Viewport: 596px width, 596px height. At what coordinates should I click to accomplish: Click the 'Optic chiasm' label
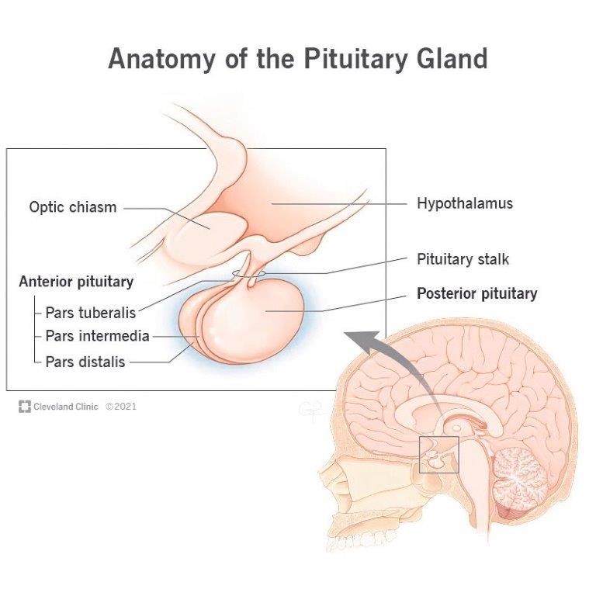pyautogui.click(x=73, y=207)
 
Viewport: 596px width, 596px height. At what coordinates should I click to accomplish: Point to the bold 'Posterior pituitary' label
pyautogui.click(x=476, y=294)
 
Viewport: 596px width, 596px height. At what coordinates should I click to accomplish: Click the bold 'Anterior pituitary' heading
pyautogui.click(x=76, y=282)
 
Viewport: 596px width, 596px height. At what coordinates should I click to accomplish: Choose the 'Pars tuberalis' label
pyautogui.click(x=90, y=313)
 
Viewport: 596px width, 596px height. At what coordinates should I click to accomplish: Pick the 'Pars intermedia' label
pyautogui.click(x=97, y=336)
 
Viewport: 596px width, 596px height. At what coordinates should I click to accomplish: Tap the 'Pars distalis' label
pyautogui.click(x=85, y=361)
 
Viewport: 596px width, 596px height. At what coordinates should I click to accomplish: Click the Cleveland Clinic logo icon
pyautogui.click(x=25, y=406)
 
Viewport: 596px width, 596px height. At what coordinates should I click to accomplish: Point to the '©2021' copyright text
pyautogui.click(x=121, y=406)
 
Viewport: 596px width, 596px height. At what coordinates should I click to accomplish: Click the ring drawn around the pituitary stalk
pyautogui.click(x=247, y=274)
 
